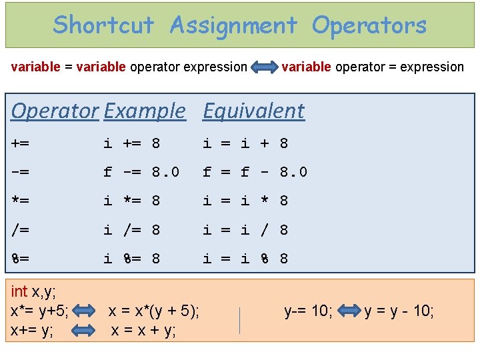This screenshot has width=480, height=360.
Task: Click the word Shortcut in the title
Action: point(103,25)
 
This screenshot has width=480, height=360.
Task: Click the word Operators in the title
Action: point(369,25)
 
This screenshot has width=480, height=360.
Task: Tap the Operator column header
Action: point(55,111)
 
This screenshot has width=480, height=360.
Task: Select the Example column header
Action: point(145,111)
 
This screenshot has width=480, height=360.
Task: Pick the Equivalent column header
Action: point(253,111)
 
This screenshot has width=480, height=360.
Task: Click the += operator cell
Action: point(20,143)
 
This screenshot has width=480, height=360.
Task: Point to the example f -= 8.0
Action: point(141,172)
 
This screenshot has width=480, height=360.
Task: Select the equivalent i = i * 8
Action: point(245,201)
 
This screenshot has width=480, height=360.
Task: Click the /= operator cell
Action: point(20,230)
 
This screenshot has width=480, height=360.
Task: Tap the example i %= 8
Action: point(131,258)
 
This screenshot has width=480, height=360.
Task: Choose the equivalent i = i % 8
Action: point(245,258)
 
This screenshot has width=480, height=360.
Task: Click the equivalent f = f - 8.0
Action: point(255,172)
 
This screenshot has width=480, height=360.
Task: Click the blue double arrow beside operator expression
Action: point(265,67)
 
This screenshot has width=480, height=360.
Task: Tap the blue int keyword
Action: point(19,291)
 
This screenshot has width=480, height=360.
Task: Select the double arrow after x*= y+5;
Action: point(85,311)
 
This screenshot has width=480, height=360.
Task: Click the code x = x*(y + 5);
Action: point(153,311)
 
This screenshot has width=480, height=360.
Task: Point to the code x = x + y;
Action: point(143,330)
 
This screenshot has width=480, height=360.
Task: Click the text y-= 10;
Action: point(308,311)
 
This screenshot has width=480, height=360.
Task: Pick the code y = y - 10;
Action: point(399,311)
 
